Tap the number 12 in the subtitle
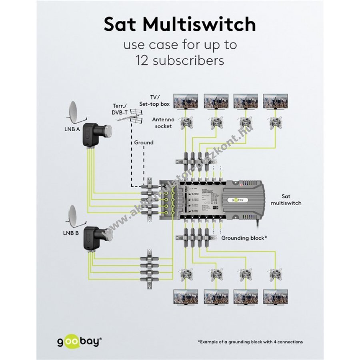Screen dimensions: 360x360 tap(143, 61)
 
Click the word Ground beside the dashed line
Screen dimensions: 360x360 tap(144, 142)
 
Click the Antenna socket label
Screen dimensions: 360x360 tap(162, 123)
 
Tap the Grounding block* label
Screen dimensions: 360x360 tap(244, 238)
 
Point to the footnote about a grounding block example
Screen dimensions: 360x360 tap(250, 342)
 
